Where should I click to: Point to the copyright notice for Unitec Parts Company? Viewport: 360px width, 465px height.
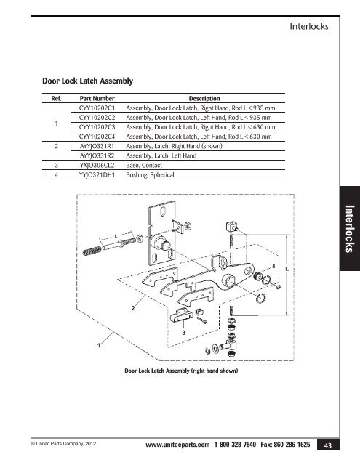[58, 442]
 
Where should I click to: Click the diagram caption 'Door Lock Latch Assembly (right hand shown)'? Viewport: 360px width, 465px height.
[183, 371]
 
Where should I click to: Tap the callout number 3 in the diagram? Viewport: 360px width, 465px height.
[184, 331]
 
